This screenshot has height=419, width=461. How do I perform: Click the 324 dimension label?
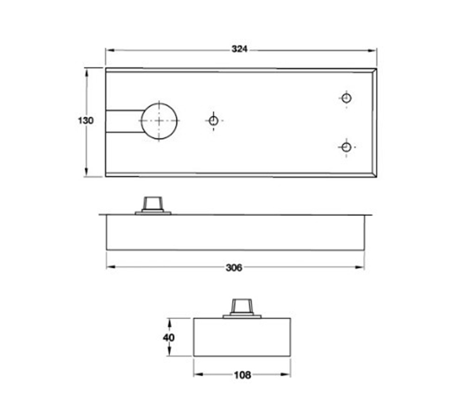point(239,49)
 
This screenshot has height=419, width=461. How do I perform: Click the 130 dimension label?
point(85,121)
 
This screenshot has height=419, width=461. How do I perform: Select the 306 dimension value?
point(234,268)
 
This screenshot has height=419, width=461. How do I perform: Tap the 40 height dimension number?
point(168,337)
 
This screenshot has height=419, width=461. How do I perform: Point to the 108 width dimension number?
point(243,375)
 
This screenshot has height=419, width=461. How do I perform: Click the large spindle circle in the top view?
point(160,121)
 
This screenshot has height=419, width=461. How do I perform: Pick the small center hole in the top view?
point(213,121)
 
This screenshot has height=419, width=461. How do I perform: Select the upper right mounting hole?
point(346,98)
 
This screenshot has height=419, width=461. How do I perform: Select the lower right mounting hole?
point(346,147)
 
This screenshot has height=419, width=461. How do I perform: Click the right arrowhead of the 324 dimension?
point(373,50)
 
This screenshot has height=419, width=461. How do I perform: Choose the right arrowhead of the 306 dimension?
point(361,268)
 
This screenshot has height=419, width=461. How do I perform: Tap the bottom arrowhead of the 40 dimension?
point(169,353)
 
